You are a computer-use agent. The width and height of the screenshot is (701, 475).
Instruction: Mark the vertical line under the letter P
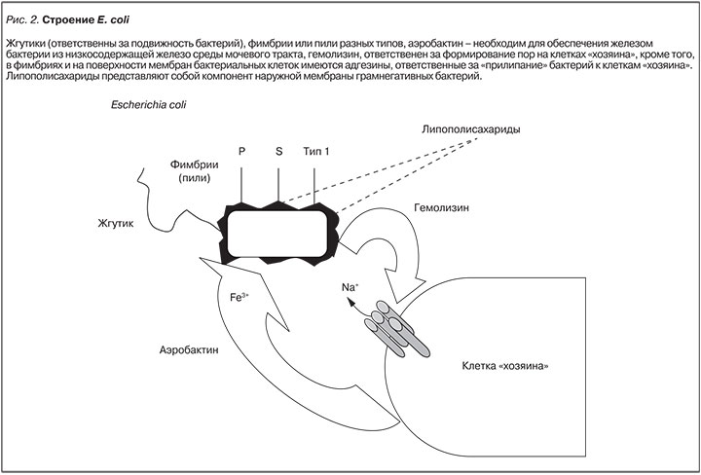[242, 180]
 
